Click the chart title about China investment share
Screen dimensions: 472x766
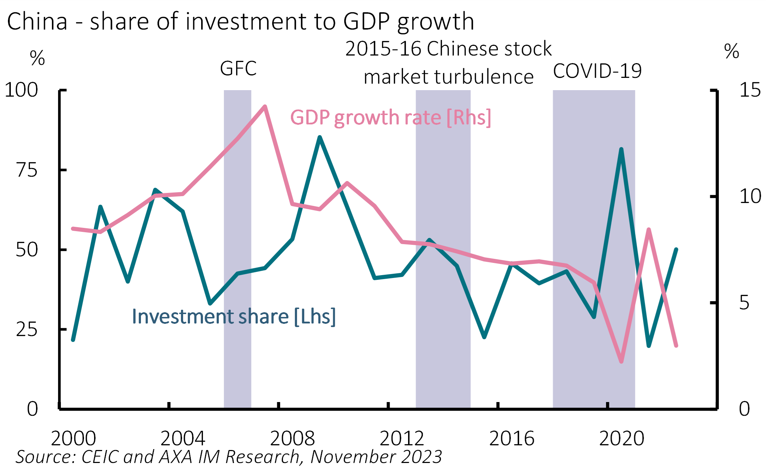click(x=240, y=22)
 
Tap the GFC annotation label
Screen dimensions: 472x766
click(x=238, y=69)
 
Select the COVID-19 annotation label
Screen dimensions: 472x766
click(x=597, y=71)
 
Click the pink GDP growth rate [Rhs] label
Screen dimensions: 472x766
click(x=390, y=118)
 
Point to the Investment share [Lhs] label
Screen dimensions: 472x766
click(x=234, y=317)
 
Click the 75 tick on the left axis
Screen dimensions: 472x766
click(x=27, y=170)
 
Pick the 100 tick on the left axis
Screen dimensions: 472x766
click(x=21, y=90)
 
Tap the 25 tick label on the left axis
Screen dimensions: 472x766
click(x=27, y=330)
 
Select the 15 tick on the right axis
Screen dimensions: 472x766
click(x=750, y=90)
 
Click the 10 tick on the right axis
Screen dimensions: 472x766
click(x=750, y=197)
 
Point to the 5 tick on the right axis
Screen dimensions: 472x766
click(x=744, y=303)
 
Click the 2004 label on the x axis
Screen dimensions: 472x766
click(x=183, y=439)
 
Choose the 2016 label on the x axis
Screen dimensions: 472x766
click(x=512, y=439)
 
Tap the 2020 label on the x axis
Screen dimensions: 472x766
click(x=621, y=439)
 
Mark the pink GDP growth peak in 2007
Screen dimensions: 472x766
click(x=265, y=107)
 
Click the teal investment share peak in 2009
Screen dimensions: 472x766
click(x=320, y=137)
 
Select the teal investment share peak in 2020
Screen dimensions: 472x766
click(x=621, y=149)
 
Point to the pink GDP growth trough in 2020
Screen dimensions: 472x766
click(x=621, y=361)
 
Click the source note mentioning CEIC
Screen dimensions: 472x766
click(x=229, y=457)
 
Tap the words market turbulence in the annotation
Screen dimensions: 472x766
click(x=448, y=77)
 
